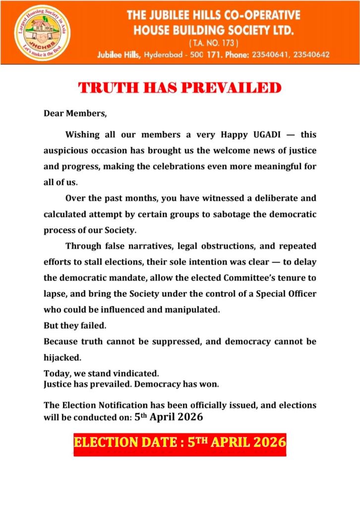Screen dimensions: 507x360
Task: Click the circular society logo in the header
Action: point(35,32)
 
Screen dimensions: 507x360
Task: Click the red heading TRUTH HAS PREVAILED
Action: point(180,89)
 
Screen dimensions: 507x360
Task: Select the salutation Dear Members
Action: point(75,113)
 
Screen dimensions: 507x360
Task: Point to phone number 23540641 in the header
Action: point(275,55)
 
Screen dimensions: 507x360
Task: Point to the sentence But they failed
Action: point(68,326)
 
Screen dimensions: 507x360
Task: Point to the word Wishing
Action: point(82,135)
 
